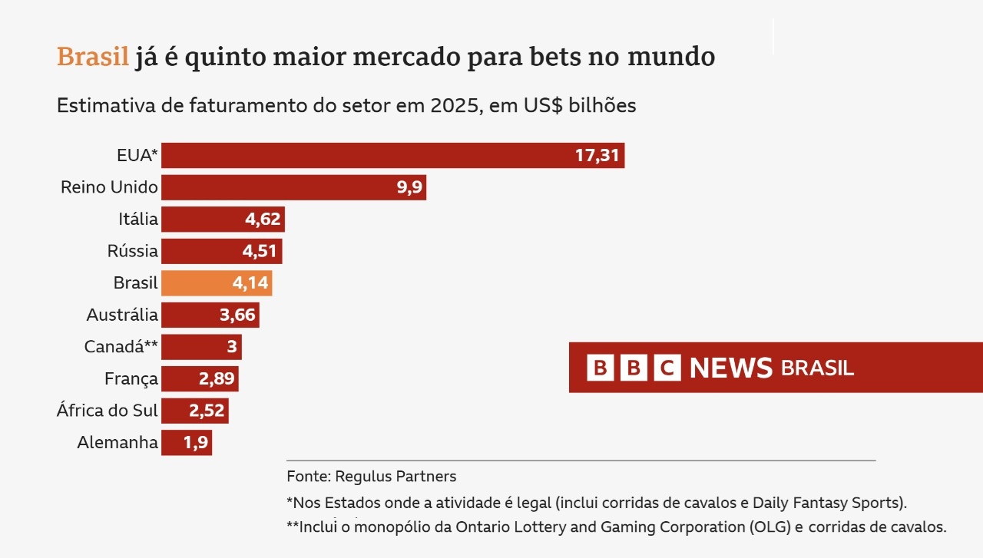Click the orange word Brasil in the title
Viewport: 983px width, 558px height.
tap(92, 57)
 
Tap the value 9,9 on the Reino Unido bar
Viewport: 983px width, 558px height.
tap(410, 187)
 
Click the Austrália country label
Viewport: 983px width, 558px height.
tap(122, 315)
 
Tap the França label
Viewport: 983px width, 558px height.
tap(131, 378)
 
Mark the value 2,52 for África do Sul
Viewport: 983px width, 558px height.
tap(207, 411)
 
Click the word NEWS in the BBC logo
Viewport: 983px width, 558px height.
tap(730, 368)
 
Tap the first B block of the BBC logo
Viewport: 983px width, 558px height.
tap(600, 368)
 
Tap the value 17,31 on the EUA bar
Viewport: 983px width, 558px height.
tap(597, 155)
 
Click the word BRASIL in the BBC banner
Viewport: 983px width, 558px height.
tap(817, 368)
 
